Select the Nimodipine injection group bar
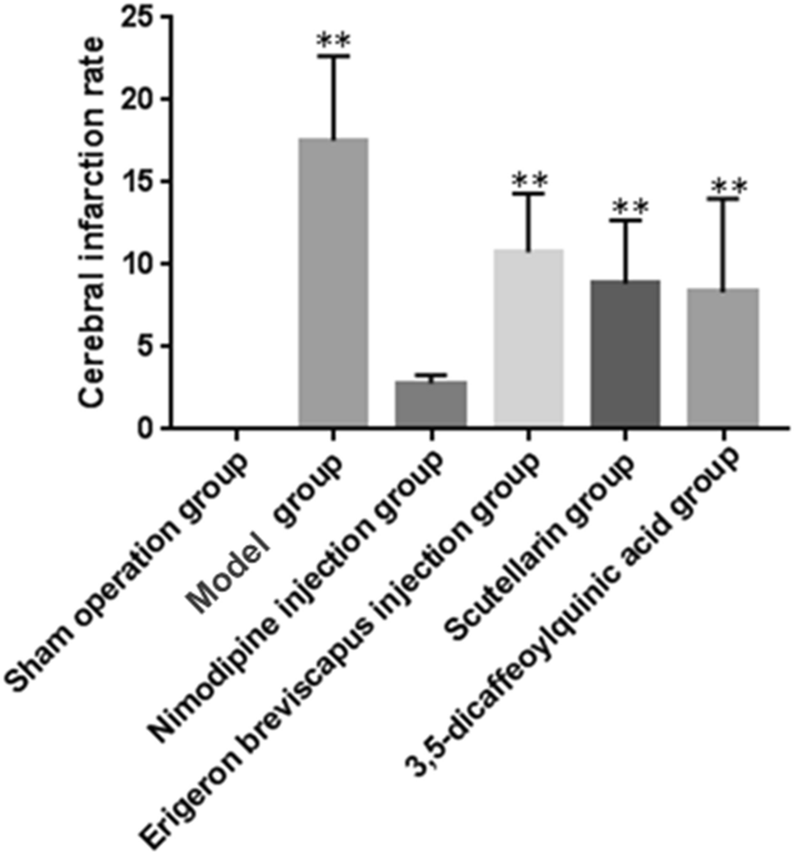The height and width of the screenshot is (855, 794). (431, 404)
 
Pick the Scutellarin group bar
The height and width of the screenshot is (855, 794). (625, 353)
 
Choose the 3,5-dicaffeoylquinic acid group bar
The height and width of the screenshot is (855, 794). (723, 358)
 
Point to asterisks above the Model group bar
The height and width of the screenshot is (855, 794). (333, 40)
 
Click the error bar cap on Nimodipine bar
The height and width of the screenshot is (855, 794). (431, 374)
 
